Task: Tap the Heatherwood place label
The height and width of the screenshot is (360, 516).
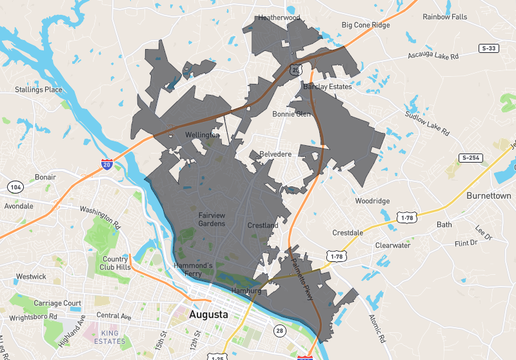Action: click(x=279, y=17)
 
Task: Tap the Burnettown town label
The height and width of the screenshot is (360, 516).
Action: click(x=484, y=196)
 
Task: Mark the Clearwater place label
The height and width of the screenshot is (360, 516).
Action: click(x=392, y=245)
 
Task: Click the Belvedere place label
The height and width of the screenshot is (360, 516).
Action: click(x=274, y=154)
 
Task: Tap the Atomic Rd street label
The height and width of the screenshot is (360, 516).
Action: click(x=376, y=323)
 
